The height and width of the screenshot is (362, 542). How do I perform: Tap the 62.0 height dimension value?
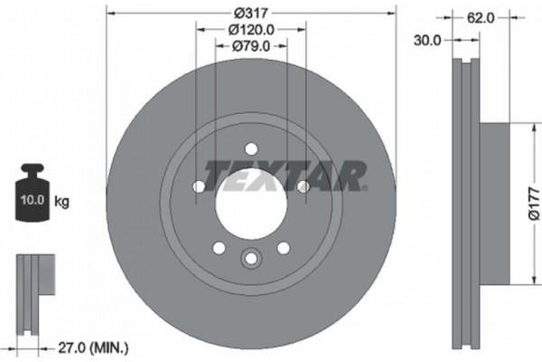pyautogui.click(x=481, y=16)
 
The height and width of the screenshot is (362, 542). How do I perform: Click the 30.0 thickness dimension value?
pyautogui.click(x=428, y=40)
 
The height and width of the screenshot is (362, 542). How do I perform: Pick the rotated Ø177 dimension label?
pyautogui.click(x=532, y=215)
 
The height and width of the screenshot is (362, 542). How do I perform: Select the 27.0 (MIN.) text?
pyautogui.click(x=94, y=345)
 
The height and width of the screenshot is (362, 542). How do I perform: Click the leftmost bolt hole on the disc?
pyautogui.click(x=199, y=186)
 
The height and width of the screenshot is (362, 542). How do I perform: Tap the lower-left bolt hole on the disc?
pyautogui.click(x=218, y=247)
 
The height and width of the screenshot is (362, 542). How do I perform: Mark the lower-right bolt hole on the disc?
pyautogui.click(x=283, y=247)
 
